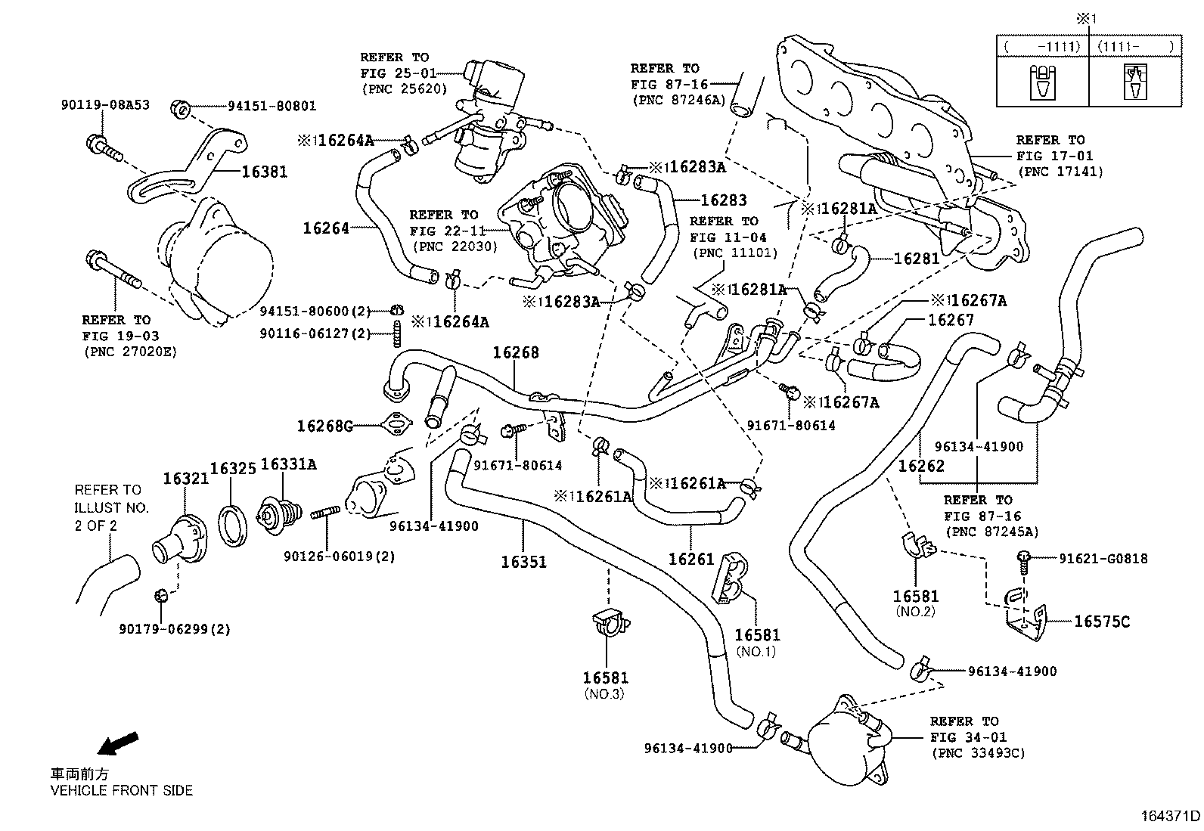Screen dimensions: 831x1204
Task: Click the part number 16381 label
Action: (x=264, y=172)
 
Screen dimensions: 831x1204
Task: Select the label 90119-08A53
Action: (x=105, y=105)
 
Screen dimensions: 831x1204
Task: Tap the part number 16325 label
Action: (x=233, y=469)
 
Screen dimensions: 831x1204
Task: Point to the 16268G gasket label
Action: (x=324, y=426)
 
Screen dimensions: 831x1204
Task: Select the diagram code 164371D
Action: (x=1171, y=816)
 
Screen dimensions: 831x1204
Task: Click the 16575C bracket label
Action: (x=1102, y=622)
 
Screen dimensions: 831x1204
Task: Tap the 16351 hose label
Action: (x=523, y=562)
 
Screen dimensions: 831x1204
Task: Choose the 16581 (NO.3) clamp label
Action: (x=605, y=678)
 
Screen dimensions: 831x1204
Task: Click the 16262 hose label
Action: (x=921, y=466)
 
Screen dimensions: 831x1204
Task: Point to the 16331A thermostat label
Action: (x=288, y=464)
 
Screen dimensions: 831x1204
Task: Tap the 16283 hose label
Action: (x=724, y=200)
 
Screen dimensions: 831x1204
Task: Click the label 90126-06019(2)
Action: (x=340, y=557)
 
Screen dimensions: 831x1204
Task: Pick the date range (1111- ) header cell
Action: (x=1134, y=47)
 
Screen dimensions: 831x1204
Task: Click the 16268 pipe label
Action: (x=516, y=352)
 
